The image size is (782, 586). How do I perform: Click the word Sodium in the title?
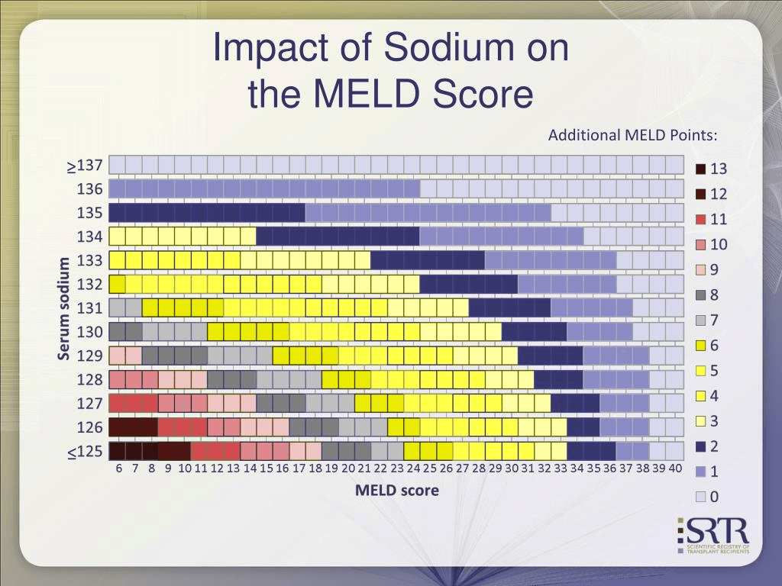pos(442,48)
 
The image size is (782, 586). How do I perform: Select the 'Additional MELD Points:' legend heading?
pos(632,135)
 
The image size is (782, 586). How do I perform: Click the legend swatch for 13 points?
pos(700,169)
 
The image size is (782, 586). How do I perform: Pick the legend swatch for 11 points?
pos(700,219)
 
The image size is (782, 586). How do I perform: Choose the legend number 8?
pos(714,295)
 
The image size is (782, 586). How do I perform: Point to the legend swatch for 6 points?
pos(700,345)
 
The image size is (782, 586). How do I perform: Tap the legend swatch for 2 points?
pos(700,446)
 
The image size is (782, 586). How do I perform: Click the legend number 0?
pos(714,497)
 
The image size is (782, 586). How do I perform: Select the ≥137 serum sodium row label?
pos(84,166)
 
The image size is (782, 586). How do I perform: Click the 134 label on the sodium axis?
pos(89,237)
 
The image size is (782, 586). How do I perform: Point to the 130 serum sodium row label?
pos(89,332)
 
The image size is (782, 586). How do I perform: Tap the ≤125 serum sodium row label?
pos(84,451)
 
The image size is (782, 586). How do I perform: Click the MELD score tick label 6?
pos(119,468)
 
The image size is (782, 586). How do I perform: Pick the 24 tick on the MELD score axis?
pos(413,468)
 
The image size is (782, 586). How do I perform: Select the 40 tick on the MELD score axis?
pos(674,468)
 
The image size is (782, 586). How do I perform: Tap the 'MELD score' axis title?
pos(396,490)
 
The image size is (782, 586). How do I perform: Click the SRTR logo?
pos(713,535)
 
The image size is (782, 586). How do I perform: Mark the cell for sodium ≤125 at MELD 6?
pos(117,451)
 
